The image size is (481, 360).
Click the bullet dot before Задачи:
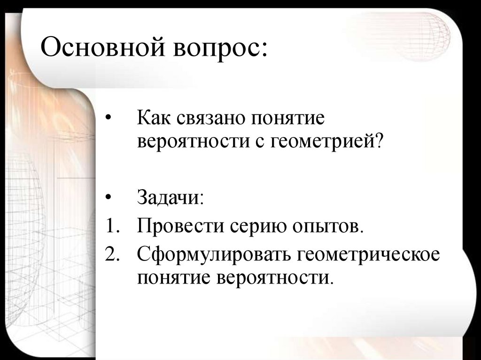[x=109, y=198]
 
